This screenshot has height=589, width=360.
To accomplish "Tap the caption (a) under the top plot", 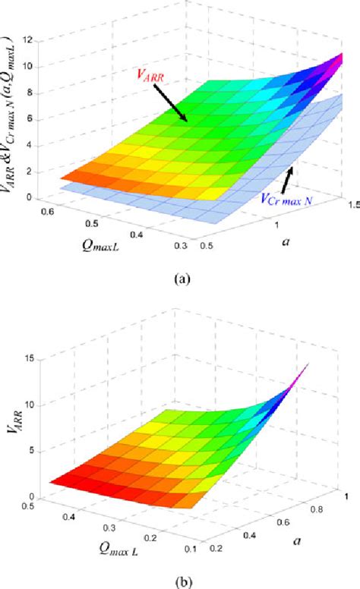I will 182,279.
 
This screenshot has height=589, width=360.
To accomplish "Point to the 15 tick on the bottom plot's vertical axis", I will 29,357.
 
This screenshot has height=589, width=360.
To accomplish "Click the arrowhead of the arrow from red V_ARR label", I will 185,121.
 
